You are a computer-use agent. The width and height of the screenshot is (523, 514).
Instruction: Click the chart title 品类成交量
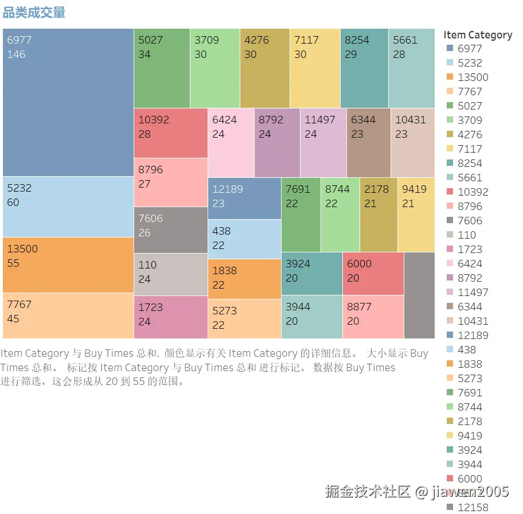(34, 13)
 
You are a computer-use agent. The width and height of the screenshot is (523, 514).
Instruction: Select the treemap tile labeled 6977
(68, 102)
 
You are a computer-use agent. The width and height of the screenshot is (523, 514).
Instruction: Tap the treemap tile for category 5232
(68, 207)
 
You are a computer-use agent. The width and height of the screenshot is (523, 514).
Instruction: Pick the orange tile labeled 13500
(68, 264)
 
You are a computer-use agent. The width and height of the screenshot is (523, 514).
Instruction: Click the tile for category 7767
(68, 316)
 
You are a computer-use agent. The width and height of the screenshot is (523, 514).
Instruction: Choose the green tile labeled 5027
(161, 68)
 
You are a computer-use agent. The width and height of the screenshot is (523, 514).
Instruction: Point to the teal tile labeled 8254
(364, 68)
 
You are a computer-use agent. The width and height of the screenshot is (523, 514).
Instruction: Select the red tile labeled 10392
(170, 133)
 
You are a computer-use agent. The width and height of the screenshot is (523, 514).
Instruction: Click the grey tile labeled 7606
(170, 229)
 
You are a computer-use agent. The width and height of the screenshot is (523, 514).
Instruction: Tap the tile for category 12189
(244, 198)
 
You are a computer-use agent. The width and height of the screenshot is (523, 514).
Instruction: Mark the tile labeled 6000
(373, 274)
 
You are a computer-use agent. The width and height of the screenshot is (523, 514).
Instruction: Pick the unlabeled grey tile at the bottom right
(419, 295)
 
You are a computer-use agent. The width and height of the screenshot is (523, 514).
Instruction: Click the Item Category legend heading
(477, 35)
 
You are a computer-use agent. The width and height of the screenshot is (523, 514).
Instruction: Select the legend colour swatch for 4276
(450, 135)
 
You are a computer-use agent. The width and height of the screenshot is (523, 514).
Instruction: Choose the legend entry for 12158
(473, 508)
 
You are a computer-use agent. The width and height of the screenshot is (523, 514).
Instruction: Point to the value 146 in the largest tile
(17, 55)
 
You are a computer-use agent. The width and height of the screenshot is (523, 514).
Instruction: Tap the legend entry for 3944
(469, 465)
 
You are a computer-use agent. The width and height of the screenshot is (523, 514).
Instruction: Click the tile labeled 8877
(373, 317)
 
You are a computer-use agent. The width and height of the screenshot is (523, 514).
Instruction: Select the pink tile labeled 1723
(170, 317)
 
